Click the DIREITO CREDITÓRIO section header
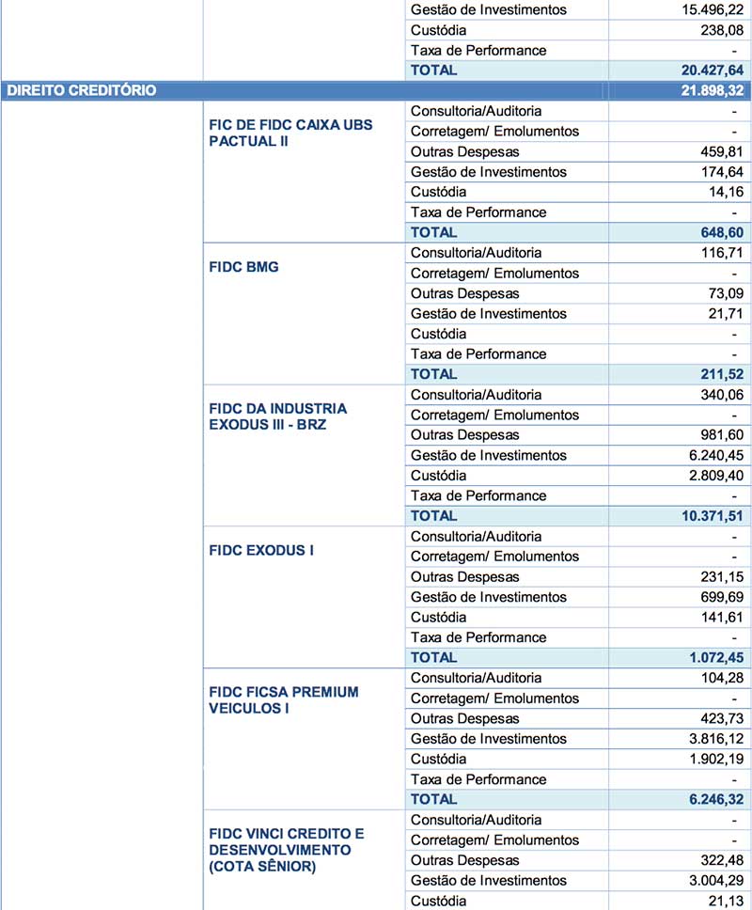(81, 90)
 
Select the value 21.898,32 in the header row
(705, 90)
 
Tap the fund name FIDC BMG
(243, 267)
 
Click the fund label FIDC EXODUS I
(260, 550)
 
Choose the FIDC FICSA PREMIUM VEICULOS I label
(283, 700)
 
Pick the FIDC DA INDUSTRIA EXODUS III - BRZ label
(277, 416)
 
